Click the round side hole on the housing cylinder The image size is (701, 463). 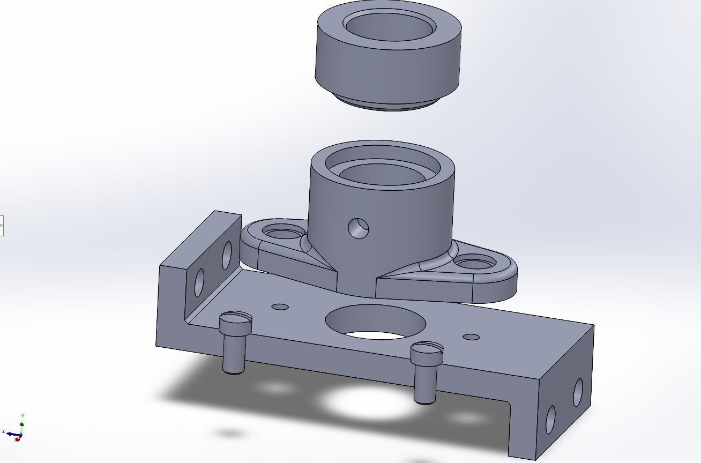pyautogui.click(x=358, y=228)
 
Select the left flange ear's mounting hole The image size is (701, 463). pyautogui.click(x=284, y=234)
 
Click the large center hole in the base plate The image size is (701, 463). pyautogui.click(x=375, y=322)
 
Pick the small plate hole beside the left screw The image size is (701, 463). pyautogui.click(x=280, y=307)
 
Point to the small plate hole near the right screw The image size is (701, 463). pyautogui.click(x=471, y=337)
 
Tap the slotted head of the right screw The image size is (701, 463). pyautogui.click(x=427, y=352)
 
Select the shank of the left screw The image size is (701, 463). pyautogui.click(x=233, y=354)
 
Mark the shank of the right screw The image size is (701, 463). pyautogui.click(x=424, y=383)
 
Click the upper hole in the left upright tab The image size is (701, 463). pyautogui.click(x=227, y=256)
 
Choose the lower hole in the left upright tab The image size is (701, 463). pyautogui.click(x=199, y=282)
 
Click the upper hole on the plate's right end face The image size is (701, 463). pyautogui.click(x=578, y=392)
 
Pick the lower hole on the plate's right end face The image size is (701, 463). pyautogui.click(x=550, y=420)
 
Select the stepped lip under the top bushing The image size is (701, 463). pyautogui.click(x=387, y=103)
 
